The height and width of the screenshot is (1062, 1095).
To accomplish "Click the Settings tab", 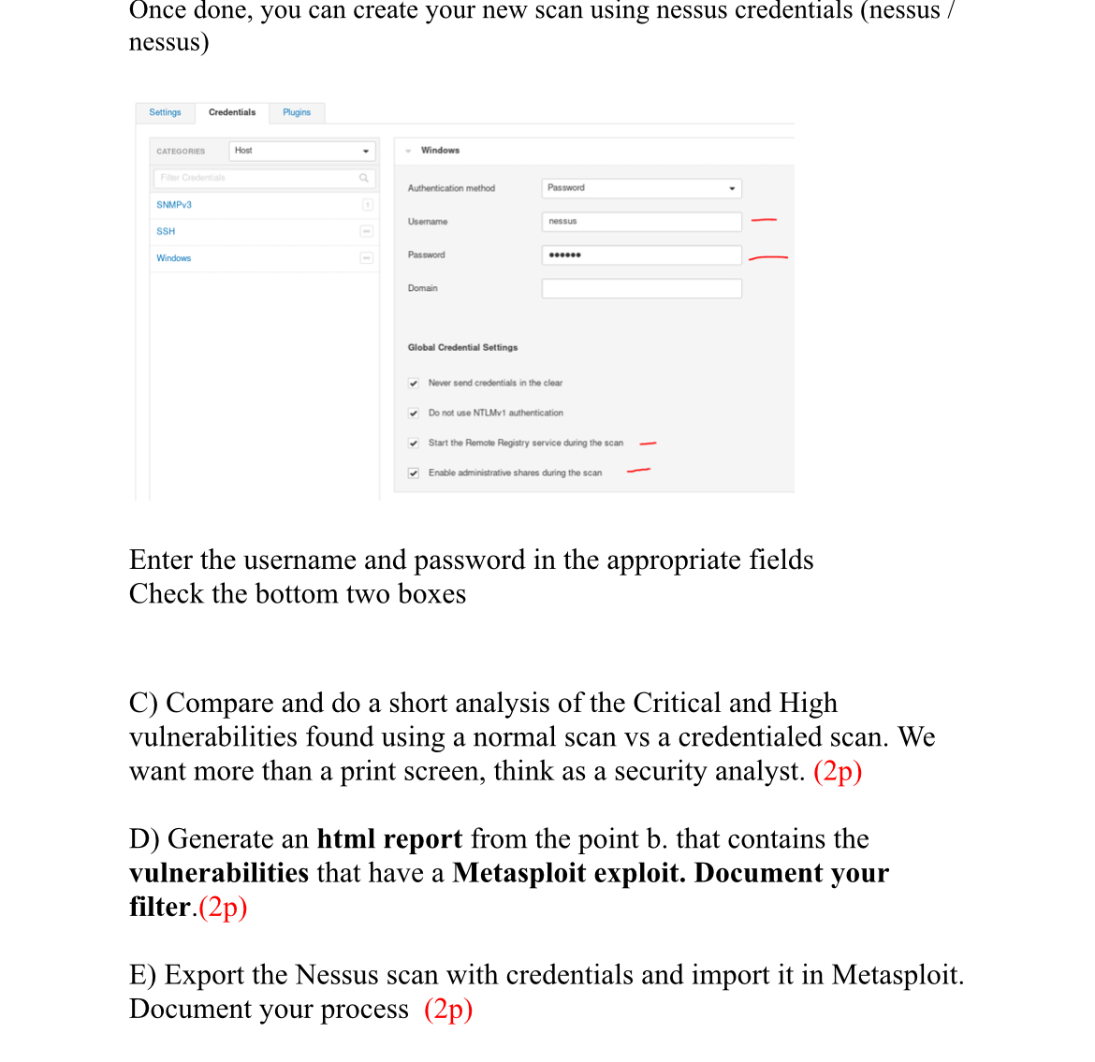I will coord(165,112).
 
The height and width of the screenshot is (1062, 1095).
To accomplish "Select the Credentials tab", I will coord(232,112).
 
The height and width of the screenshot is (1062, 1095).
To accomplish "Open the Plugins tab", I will coord(297,112).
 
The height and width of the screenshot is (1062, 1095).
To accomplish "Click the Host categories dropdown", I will coord(301,151).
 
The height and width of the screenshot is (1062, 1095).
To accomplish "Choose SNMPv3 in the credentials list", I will coord(174,205).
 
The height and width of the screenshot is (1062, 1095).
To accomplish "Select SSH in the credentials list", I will coord(166,231).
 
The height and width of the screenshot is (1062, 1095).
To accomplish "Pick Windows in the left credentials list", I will coord(173,258).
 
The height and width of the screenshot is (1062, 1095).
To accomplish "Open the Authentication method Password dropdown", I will coord(641,188).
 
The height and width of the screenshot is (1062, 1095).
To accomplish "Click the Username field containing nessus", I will coord(641,222).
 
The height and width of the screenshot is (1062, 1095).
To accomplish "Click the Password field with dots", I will coord(641,255).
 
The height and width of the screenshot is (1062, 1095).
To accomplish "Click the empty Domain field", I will coord(641,288).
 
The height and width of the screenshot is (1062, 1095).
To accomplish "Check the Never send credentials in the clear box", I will coord(414,383).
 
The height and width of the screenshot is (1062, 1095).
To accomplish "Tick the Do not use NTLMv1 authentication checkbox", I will coord(414,413).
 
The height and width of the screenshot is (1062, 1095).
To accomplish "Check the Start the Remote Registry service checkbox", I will coord(414,444).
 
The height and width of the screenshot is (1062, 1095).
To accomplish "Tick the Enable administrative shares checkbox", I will coord(414,473).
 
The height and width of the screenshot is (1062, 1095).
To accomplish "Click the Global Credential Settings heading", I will coord(462,347).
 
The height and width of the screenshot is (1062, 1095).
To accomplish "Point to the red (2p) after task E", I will coord(448,1010).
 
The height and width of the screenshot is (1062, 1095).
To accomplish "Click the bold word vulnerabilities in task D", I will coord(219,873).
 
